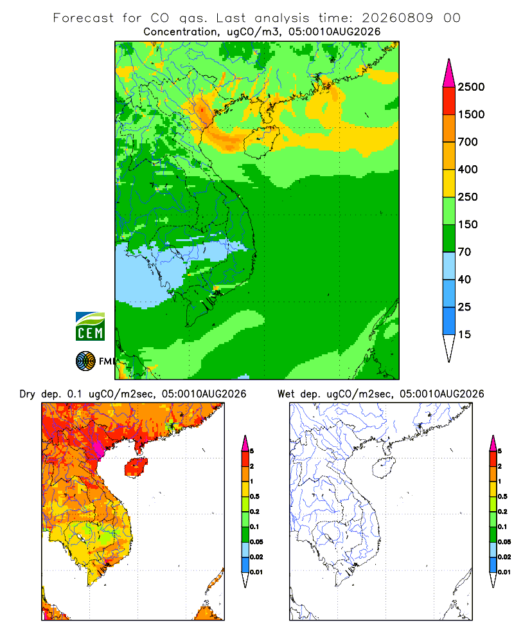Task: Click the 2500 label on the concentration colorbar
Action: (471, 87)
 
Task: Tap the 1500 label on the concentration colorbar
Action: (471, 114)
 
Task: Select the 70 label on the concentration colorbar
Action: (465, 252)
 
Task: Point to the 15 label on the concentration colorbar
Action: (465, 334)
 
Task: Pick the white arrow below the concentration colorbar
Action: (449, 347)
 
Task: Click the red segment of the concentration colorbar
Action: (449, 101)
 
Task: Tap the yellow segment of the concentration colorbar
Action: (449, 183)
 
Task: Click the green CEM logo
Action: (90, 327)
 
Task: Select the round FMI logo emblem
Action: (85, 361)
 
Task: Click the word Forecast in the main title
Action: (84, 18)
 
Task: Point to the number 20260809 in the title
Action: (397, 18)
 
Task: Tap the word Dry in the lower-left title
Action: (28, 394)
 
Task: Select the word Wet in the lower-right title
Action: (286, 394)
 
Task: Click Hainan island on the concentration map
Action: (261, 141)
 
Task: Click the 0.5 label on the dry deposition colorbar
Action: (254, 496)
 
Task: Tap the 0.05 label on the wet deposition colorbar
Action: (504, 542)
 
